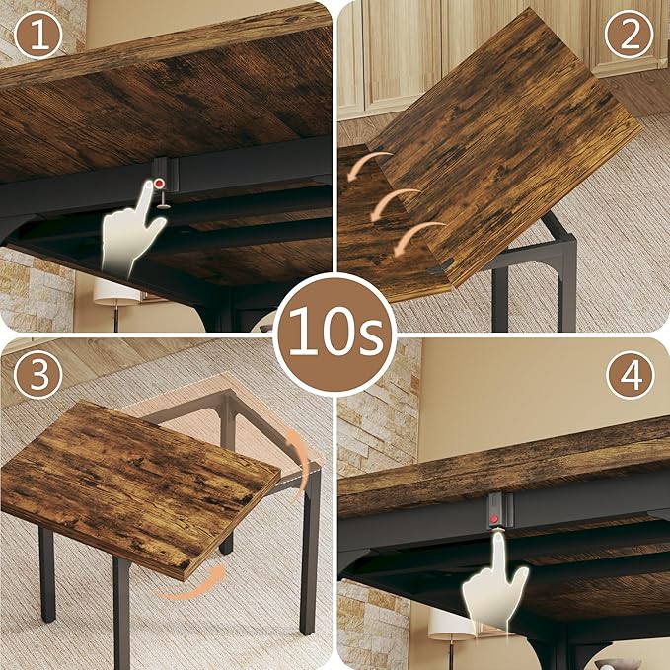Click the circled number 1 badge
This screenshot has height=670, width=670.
tap(37, 37)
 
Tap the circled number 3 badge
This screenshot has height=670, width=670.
tap(37, 375)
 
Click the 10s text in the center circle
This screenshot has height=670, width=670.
tap(335, 335)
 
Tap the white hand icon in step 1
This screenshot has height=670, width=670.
tap(133, 232)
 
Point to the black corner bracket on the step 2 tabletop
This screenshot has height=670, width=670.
tap(441, 266)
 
